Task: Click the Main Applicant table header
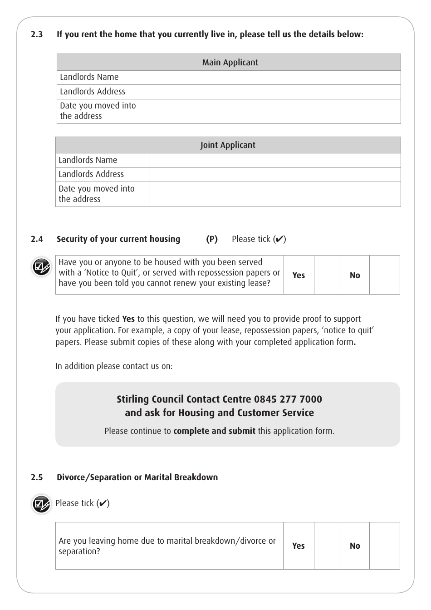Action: (x=230, y=63)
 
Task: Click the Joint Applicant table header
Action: (x=228, y=145)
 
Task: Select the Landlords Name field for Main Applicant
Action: (x=274, y=78)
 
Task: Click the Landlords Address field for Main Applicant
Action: (x=274, y=92)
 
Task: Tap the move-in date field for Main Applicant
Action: (x=274, y=111)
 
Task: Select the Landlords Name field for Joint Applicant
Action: (x=275, y=160)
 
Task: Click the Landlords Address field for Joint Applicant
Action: (x=275, y=175)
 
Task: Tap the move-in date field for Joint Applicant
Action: (x=275, y=194)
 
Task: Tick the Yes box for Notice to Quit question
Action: (x=327, y=275)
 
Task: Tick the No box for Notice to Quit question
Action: (x=384, y=275)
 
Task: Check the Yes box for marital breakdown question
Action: (x=327, y=546)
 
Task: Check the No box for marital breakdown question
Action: (x=384, y=546)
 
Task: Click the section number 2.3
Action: (x=37, y=34)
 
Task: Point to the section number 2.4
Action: (x=37, y=239)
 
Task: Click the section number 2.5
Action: (x=37, y=477)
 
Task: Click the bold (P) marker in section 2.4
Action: (x=212, y=239)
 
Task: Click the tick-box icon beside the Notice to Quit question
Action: (x=41, y=267)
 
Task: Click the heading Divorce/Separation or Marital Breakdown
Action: (x=137, y=477)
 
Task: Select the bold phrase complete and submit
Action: (x=214, y=431)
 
